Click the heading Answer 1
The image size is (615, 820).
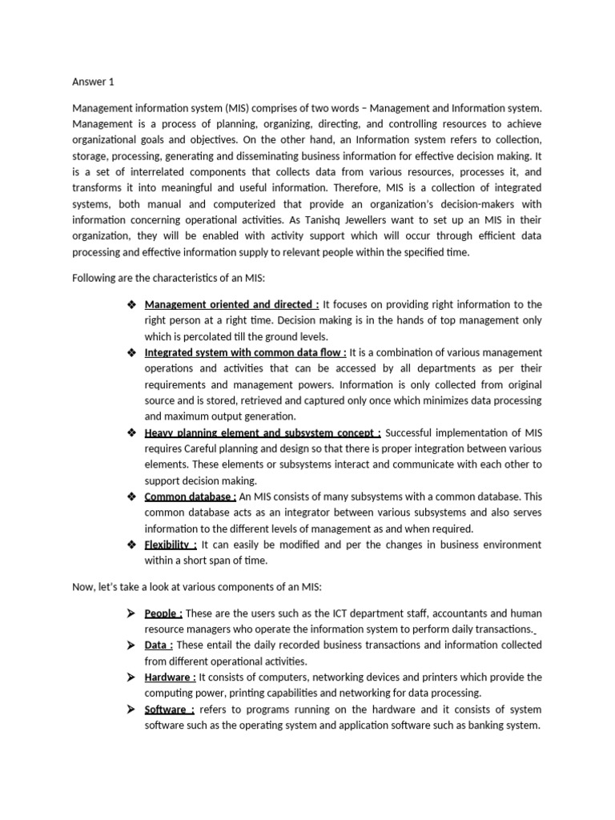coord(94,81)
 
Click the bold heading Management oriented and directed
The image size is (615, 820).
coord(231,304)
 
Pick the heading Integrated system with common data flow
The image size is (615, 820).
coord(245,352)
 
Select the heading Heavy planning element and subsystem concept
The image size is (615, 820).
coord(263,432)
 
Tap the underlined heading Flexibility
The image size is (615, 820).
coord(171,545)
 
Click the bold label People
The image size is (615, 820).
coord(163,613)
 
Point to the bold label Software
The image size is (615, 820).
coord(169,709)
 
